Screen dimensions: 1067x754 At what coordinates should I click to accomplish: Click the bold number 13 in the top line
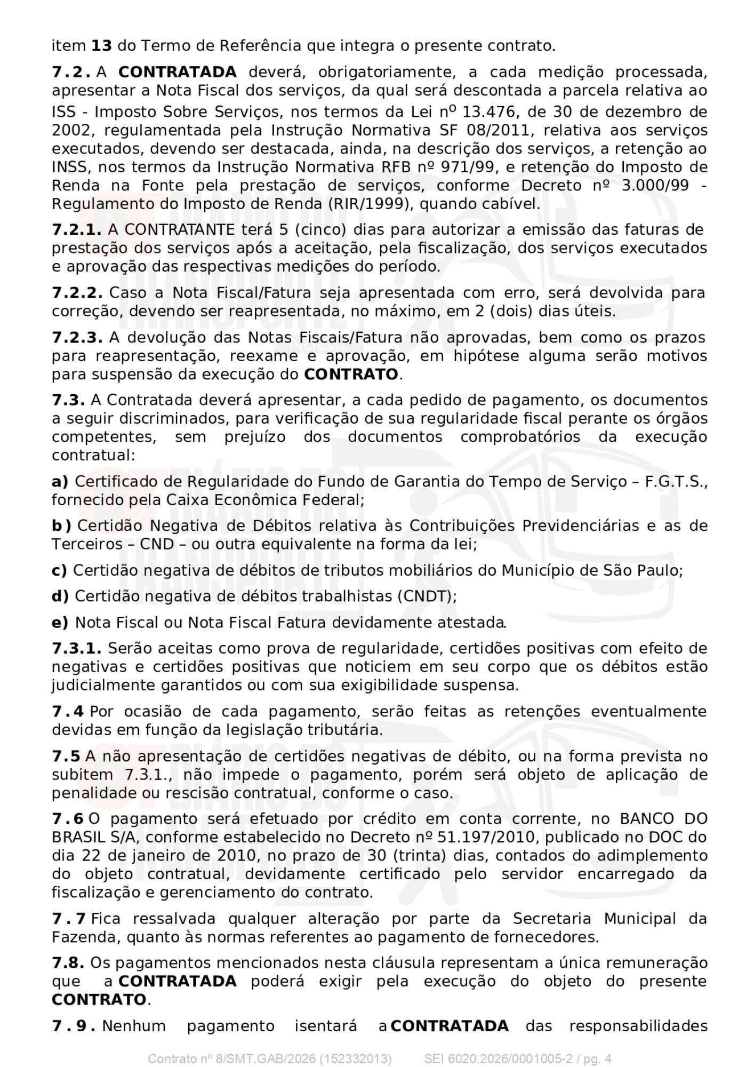click(x=101, y=46)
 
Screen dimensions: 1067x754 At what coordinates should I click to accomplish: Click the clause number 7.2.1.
click(x=77, y=230)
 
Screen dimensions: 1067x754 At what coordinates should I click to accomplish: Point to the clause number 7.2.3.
click(x=77, y=338)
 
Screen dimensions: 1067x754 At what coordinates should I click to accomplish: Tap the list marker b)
click(x=62, y=526)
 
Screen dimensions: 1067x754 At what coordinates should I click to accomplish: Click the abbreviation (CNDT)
click(x=427, y=596)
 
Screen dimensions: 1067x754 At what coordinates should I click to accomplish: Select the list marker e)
click(x=60, y=623)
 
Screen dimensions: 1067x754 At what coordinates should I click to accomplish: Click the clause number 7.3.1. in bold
click(x=77, y=649)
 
